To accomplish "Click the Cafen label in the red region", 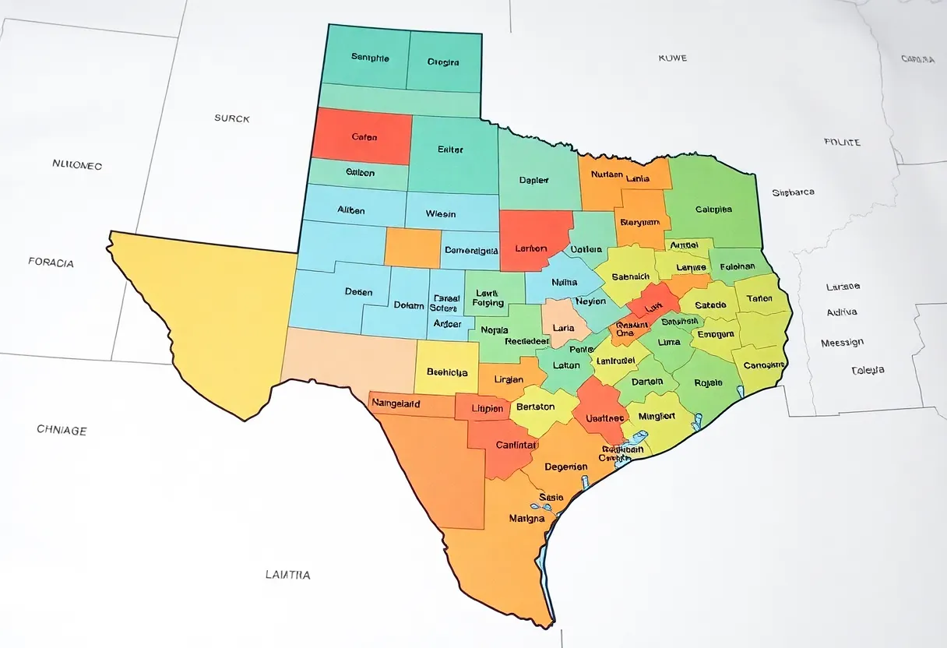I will [x=364, y=137].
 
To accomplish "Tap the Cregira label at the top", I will [x=443, y=62].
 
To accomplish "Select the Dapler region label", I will [x=534, y=180].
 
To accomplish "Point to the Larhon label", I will [x=536, y=248].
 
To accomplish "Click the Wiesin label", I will [x=441, y=214].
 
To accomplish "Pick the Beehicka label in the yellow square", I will [x=447, y=372].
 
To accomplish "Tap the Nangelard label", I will [x=396, y=403].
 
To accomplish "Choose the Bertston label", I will [x=535, y=407].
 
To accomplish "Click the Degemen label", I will [x=565, y=467].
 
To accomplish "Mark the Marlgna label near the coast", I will [x=526, y=518].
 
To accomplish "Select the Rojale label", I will [x=707, y=382].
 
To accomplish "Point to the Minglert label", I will [x=656, y=416].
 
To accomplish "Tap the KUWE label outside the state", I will [x=672, y=58].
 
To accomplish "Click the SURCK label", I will [x=232, y=118].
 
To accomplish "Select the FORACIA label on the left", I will [x=51, y=262].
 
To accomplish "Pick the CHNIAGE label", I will [x=62, y=430].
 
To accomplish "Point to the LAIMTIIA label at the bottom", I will [x=287, y=575].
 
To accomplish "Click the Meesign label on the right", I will [x=842, y=343].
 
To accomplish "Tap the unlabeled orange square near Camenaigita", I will [x=413, y=248].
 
